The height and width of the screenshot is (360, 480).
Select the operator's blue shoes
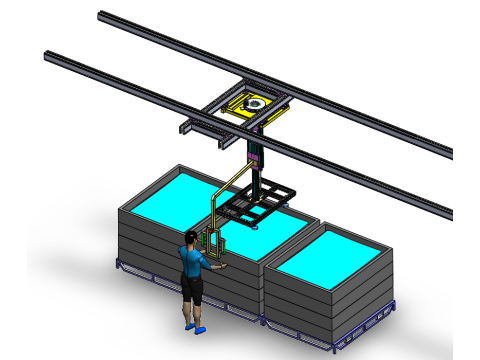(193, 324)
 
